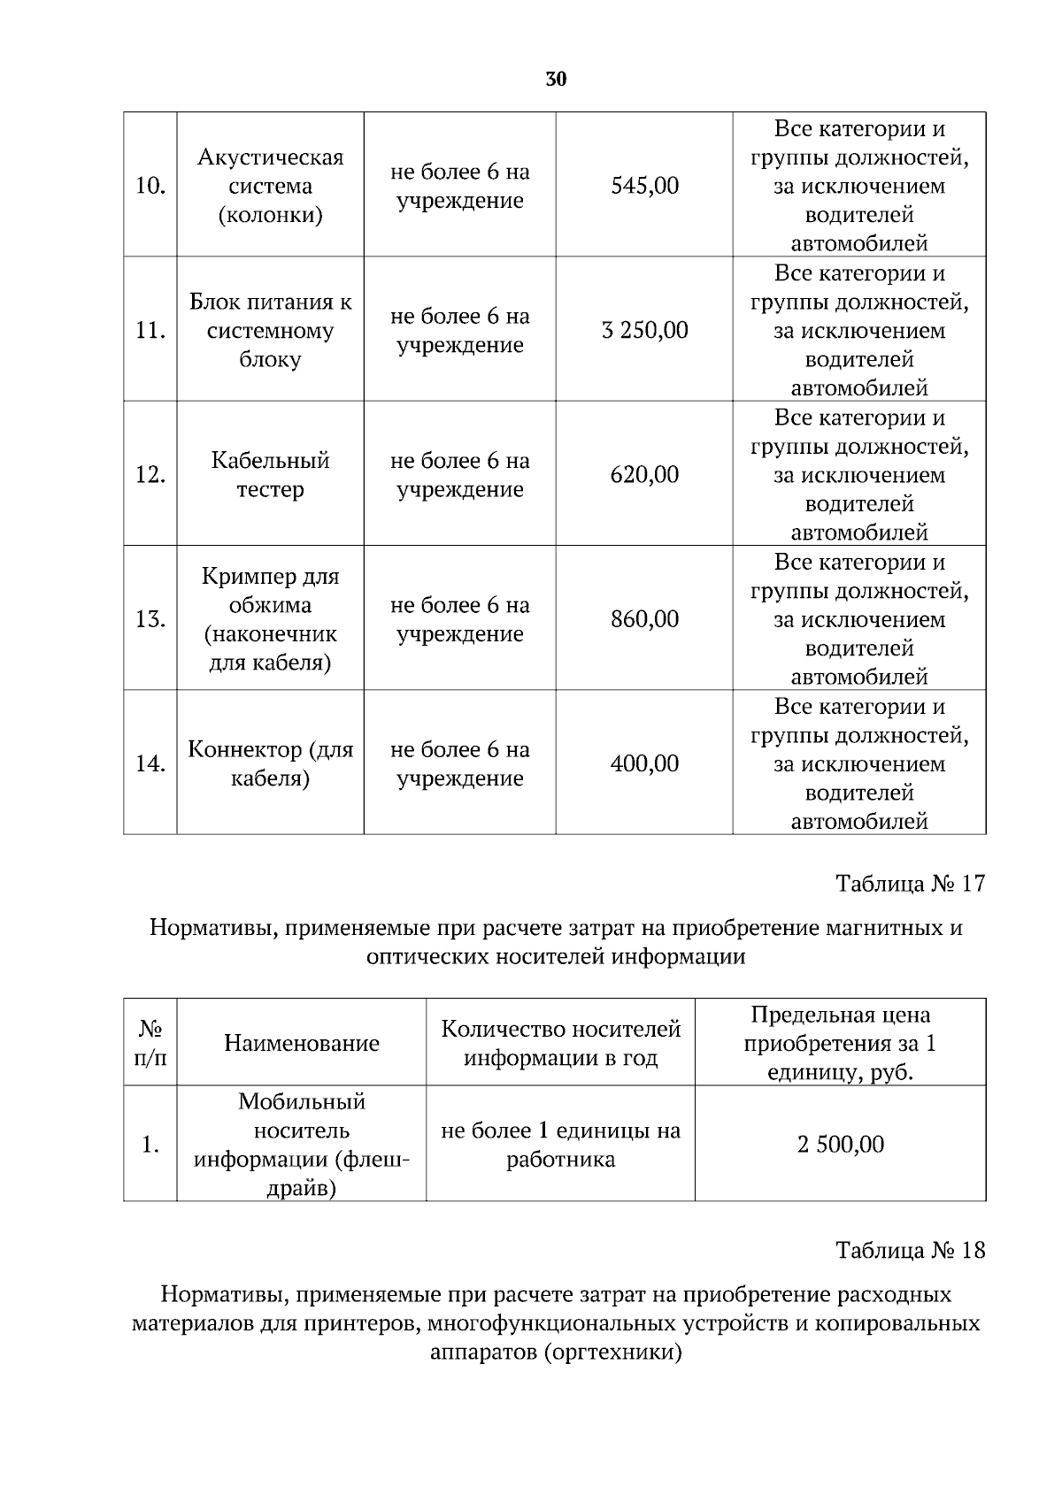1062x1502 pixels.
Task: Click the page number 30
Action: (556, 80)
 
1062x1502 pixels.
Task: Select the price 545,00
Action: (644, 186)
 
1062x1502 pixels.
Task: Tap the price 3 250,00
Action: (644, 331)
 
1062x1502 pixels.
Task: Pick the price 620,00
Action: (644, 475)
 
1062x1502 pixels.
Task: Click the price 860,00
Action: (644, 619)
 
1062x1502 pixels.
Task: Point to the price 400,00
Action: (644, 763)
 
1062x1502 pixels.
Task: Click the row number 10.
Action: (150, 187)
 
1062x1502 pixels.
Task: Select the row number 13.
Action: (150, 619)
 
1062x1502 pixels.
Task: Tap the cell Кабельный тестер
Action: (270, 475)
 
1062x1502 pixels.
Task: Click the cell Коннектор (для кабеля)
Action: (270, 763)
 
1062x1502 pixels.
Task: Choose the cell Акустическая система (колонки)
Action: (270, 186)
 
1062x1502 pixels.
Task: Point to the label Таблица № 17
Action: (910, 884)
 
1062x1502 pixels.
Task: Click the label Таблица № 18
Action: (910, 1250)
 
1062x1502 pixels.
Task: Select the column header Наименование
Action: (301, 1043)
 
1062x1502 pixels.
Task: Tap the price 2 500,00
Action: (840, 1145)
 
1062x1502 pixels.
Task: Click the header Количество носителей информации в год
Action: (560, 1043)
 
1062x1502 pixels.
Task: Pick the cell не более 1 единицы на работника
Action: (560, 1145)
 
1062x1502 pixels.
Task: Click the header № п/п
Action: (150, 1043)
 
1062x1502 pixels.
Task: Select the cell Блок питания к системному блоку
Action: (270, 331)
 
